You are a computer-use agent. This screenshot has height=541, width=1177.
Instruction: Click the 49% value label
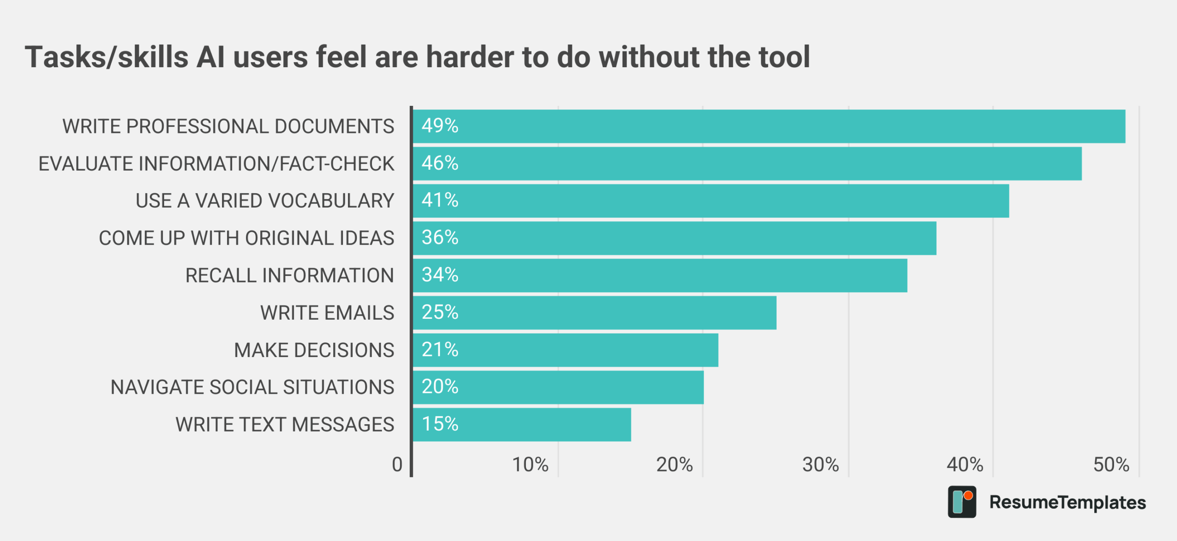(x=440, y=126)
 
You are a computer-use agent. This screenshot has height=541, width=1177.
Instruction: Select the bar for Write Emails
(x=594, y=313)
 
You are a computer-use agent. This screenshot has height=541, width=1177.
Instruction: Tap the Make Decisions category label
(x=314, y=350)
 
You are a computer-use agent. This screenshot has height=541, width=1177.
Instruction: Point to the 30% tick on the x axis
(x=820, y=465)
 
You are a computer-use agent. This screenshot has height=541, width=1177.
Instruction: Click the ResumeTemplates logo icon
(x=961, y=502)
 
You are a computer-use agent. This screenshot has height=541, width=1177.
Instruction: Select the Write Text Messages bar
(x=521, y=424)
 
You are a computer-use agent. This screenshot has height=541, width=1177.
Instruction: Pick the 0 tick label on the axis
(x=397, y=465)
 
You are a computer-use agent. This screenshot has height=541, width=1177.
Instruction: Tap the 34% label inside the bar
(x=440, y=275)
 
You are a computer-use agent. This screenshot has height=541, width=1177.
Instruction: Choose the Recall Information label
(x=290, y=276)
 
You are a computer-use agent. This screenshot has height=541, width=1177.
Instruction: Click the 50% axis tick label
(x=1111, y=465)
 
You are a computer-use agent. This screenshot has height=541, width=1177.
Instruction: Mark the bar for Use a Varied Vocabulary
(x=710, y=201)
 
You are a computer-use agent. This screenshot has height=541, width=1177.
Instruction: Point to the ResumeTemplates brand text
(x=1067, y=502)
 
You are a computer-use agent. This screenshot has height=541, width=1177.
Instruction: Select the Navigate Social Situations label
(x=252, y=387)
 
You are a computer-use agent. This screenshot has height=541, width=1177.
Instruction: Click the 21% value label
(x=440, y=350)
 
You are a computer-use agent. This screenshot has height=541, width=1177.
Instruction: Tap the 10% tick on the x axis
(x=530, y=465)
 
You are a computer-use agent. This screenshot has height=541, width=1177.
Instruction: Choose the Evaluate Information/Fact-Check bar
(x=747, y=164)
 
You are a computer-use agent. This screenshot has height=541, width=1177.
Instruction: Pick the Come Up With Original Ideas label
(x=246, y=238)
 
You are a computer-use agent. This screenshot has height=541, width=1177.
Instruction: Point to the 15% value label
(x=440, y=424)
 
